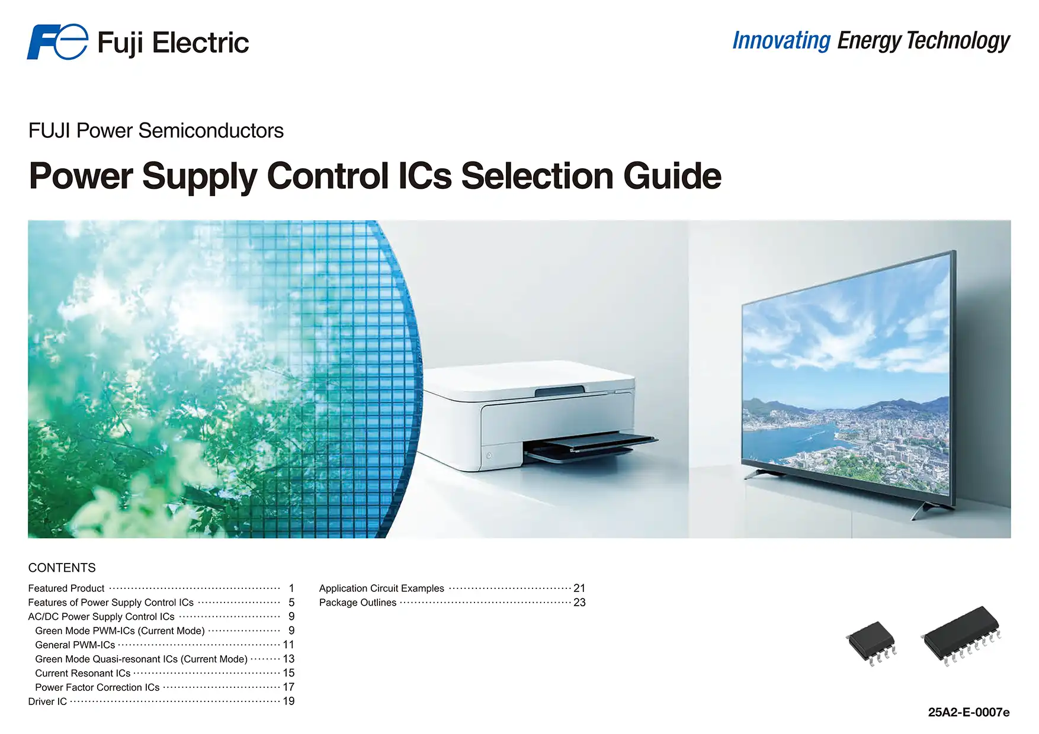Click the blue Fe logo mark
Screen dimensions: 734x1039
pyautogui.click(x=57, y=42)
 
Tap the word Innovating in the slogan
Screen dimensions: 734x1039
pyautogui.click(x=781, y=41)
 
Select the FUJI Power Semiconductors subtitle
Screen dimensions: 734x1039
pyautogui.click(x=156, y=131)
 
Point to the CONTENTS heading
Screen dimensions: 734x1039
pyautogui.click(x=62, y=568)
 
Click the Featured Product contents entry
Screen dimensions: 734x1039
pyautogui.click(x=66, y=588)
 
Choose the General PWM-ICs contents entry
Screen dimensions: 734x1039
pyautogui.click(x=75, y=645)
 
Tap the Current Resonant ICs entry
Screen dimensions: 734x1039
pyautogui.click(x=83, y=673)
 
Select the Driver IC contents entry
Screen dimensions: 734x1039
pyautogui.click(x=47, y=701)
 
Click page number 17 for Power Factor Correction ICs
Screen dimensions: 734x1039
pyautogui.click(x=288, y=687)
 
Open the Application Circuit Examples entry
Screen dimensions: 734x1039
pyautogui.click(x=381, y=588)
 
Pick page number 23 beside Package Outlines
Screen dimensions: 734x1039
pyautogui.click(x=579, y=603)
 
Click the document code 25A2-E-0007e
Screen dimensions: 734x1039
pyautogui.click(x=969, y=712)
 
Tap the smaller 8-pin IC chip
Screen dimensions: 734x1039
pyautogui.click(x=871, y=641)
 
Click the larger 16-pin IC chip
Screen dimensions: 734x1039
pyautogui.click(x=961, y=634)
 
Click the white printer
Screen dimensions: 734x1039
pyautogui.click(x=533, y=414)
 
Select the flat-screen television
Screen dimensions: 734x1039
pyautogui.click(x=847, y=379)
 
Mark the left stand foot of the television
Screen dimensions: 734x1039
pyautogui.click(x=761, y=474)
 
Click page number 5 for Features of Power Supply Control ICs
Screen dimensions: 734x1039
pyautogui.click(x=291, y=603)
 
